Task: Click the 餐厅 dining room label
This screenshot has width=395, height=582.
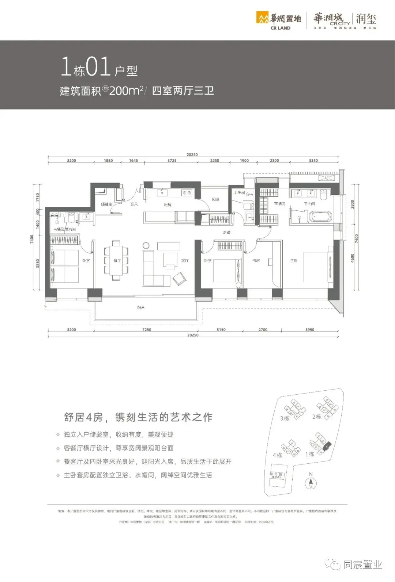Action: (x=117, y=261)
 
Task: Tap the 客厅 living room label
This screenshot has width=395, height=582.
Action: (x=185, y=261)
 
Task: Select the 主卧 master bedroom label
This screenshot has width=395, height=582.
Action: (x=294, y=261)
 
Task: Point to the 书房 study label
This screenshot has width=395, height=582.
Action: (x=256, y=261)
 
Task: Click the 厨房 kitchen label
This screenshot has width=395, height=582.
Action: (x=168, y=205)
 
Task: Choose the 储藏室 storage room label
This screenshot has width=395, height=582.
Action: (x=106, y=204)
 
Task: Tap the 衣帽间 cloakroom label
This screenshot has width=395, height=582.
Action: (x=280, y=204)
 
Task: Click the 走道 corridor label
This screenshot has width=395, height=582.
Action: (x=227, y=232)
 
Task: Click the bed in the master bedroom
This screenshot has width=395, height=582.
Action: (x=317, y=267)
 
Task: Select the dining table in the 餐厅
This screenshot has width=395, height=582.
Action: (x=116, y=260)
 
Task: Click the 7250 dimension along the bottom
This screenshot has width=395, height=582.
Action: (x=147, y=330)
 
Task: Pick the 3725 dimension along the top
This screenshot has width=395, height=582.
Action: (x=172, y=161)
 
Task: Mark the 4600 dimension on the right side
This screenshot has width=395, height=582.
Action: (x=353, y=258)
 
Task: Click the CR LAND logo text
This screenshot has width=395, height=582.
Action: (x=281, y=28)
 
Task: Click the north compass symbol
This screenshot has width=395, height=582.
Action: (x=311, y=483)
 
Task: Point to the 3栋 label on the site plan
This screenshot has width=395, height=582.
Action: (x=285, y=418)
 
